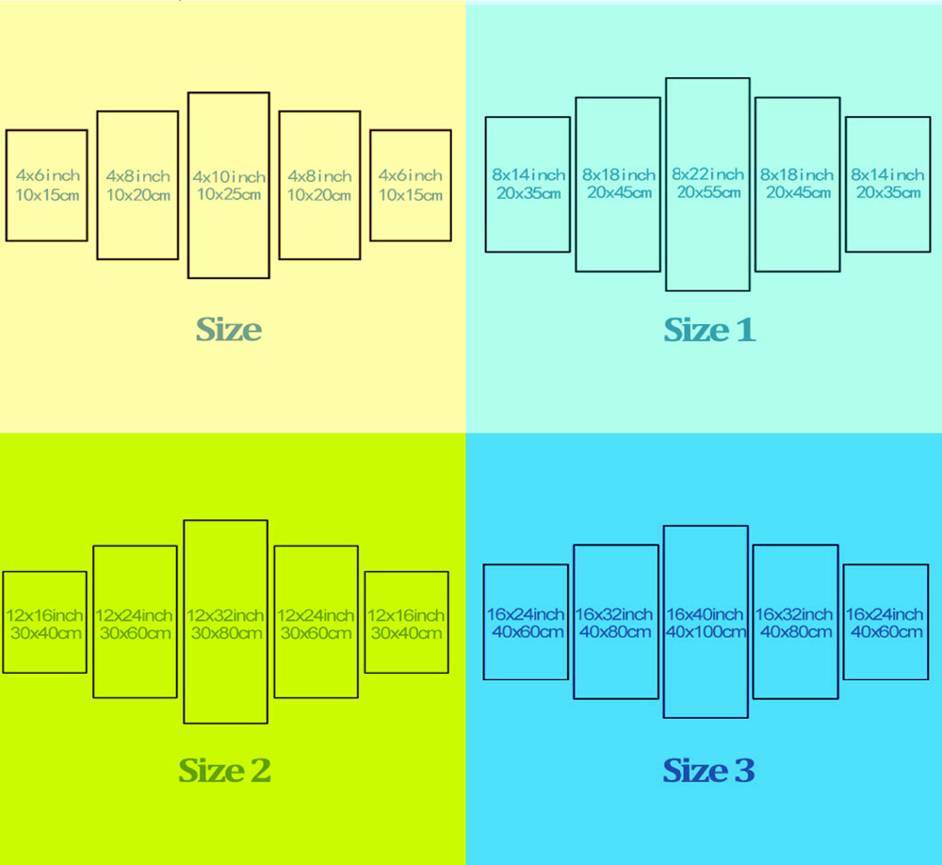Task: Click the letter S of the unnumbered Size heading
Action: click(x=206, y=330)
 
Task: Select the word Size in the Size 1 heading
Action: click(x=696, y=330)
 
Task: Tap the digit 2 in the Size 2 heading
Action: click(x=260, y=770)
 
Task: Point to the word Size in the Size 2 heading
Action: click(x=211, y=770)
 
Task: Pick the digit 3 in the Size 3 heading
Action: click(x=744, y=770)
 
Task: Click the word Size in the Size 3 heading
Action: click(x=696, y=770)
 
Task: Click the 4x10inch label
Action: click(x=229, y=177)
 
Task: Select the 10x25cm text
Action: click(x=229, y=194)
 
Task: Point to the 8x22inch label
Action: click(x=707, y=174)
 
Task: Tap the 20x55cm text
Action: click(x=709, y=192)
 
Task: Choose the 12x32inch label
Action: click(x=225, y=615)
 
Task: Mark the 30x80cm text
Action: click(x=226, y=633)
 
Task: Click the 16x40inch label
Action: click(x=705, y=614)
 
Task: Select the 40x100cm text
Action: click(x=706, y=631)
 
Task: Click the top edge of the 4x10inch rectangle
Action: click(x=228, y=92)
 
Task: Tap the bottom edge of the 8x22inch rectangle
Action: click(x=707, y=290)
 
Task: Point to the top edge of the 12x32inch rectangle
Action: click(x=225, y=520)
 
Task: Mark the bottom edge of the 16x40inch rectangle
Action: click(x=706, y=717)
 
